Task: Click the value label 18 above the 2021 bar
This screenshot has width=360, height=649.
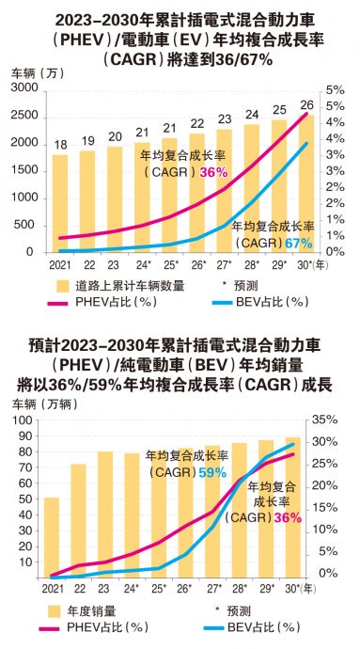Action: (x=59, y=143)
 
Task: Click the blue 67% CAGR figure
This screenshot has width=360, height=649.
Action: (x=298, y=243)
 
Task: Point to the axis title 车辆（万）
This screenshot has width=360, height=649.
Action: (x=33, y=72)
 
